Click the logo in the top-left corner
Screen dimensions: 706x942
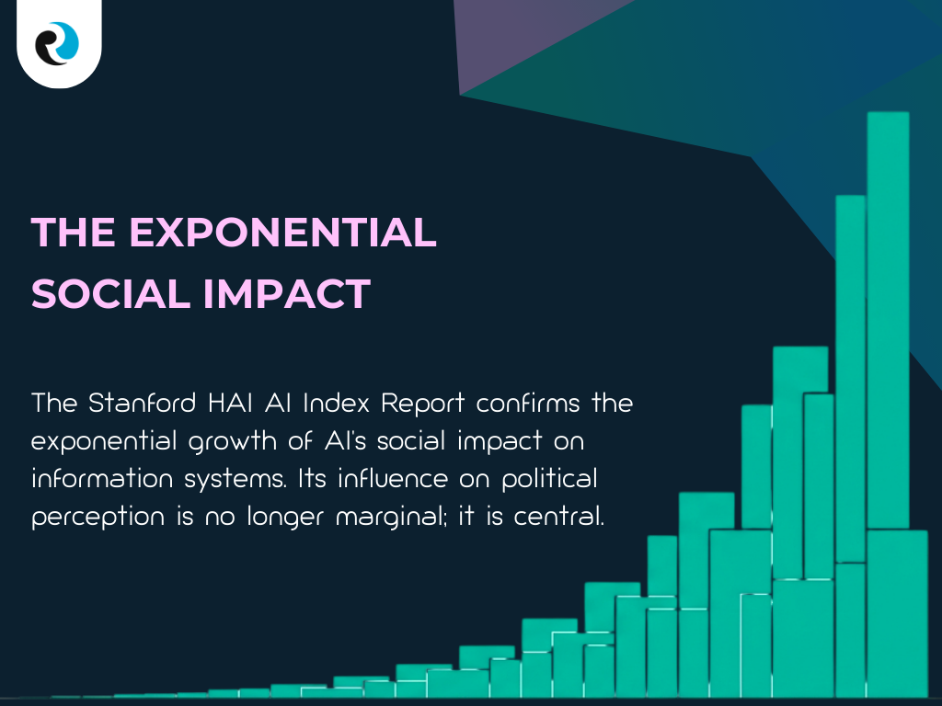click(58, 43)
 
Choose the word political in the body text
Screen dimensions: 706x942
click(548, 480)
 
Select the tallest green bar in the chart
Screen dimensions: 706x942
click(888, 322)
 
